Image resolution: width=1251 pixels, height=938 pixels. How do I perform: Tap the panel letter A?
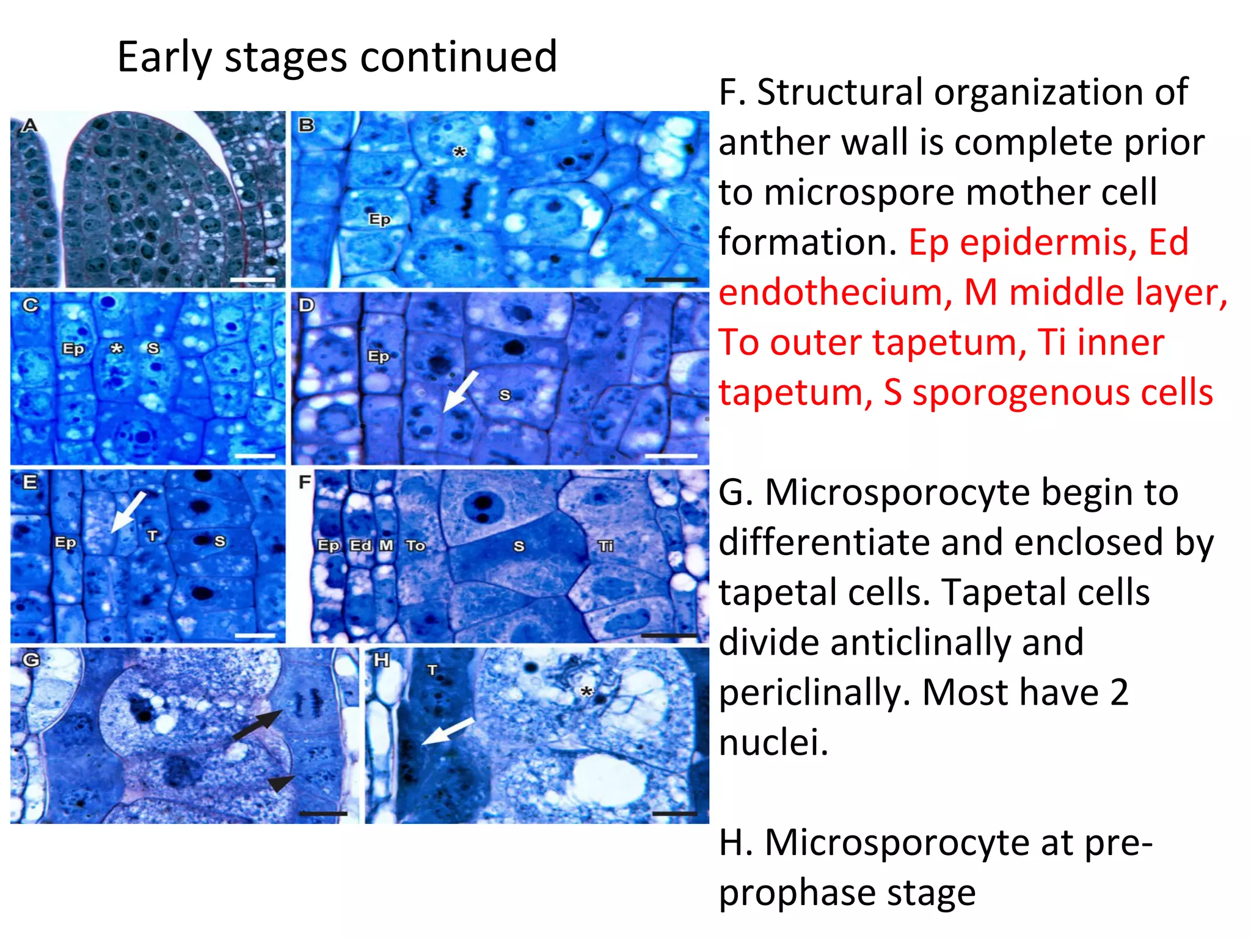point(29,126)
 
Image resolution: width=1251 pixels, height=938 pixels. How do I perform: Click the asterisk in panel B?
point(459,152)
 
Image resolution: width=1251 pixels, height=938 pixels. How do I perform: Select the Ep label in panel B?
point(379,219)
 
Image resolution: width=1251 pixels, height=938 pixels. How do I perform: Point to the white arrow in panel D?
point(460,391)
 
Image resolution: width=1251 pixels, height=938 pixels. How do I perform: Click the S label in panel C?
point(153,348)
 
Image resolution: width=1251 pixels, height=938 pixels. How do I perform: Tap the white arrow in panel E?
point(128,511)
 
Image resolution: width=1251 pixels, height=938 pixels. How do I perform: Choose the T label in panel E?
point(152,536)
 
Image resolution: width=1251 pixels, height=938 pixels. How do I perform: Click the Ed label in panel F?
point(360,545)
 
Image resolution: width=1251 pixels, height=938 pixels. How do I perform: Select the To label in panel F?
point(415,545)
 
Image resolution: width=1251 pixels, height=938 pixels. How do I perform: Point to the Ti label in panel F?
point(605,546)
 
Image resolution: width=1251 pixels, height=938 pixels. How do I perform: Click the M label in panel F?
point(386,545)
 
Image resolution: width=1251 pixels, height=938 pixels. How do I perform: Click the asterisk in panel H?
point(586,692)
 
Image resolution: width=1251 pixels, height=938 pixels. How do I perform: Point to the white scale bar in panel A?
point(253,280)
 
